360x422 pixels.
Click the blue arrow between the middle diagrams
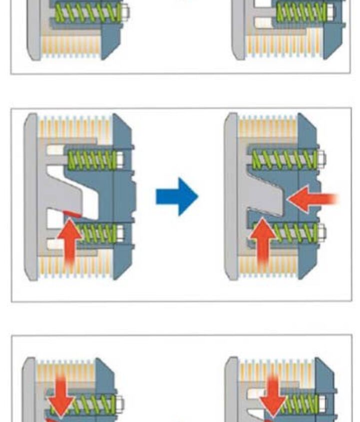tap(177, 196)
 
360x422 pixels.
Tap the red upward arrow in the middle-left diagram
tap(71, 240)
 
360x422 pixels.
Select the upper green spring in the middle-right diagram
tap(284, 159)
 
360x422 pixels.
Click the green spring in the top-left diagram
tap(88, 12)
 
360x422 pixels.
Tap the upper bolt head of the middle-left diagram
tap(120, 159)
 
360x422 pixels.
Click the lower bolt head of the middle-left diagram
tap(120, 232)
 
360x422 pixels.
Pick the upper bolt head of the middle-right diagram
tap(321, 159)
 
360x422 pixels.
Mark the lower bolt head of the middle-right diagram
tap(321, 232)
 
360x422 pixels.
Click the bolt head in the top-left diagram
tap(125, 11)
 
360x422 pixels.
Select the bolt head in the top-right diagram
tap(330, 11)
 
